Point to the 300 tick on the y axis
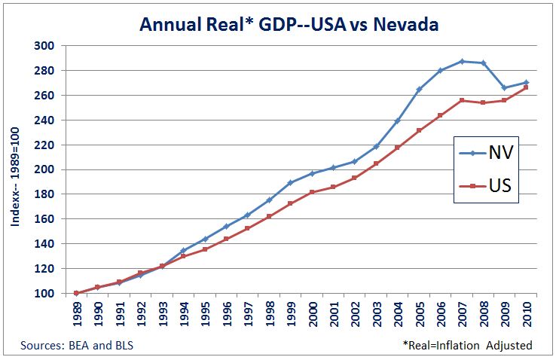tap(44, 46)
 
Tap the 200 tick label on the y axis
tap(44, 169)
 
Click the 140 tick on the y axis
tap(44, 244)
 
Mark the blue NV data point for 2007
tap(462, 61)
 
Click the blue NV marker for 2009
tap(505, 88)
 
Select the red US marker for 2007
tap(462, 100)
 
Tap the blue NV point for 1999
tap(290, 182)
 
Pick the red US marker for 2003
tap(376, 163)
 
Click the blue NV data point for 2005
tap(419, 89)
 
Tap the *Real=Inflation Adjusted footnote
tap(467, 345)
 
